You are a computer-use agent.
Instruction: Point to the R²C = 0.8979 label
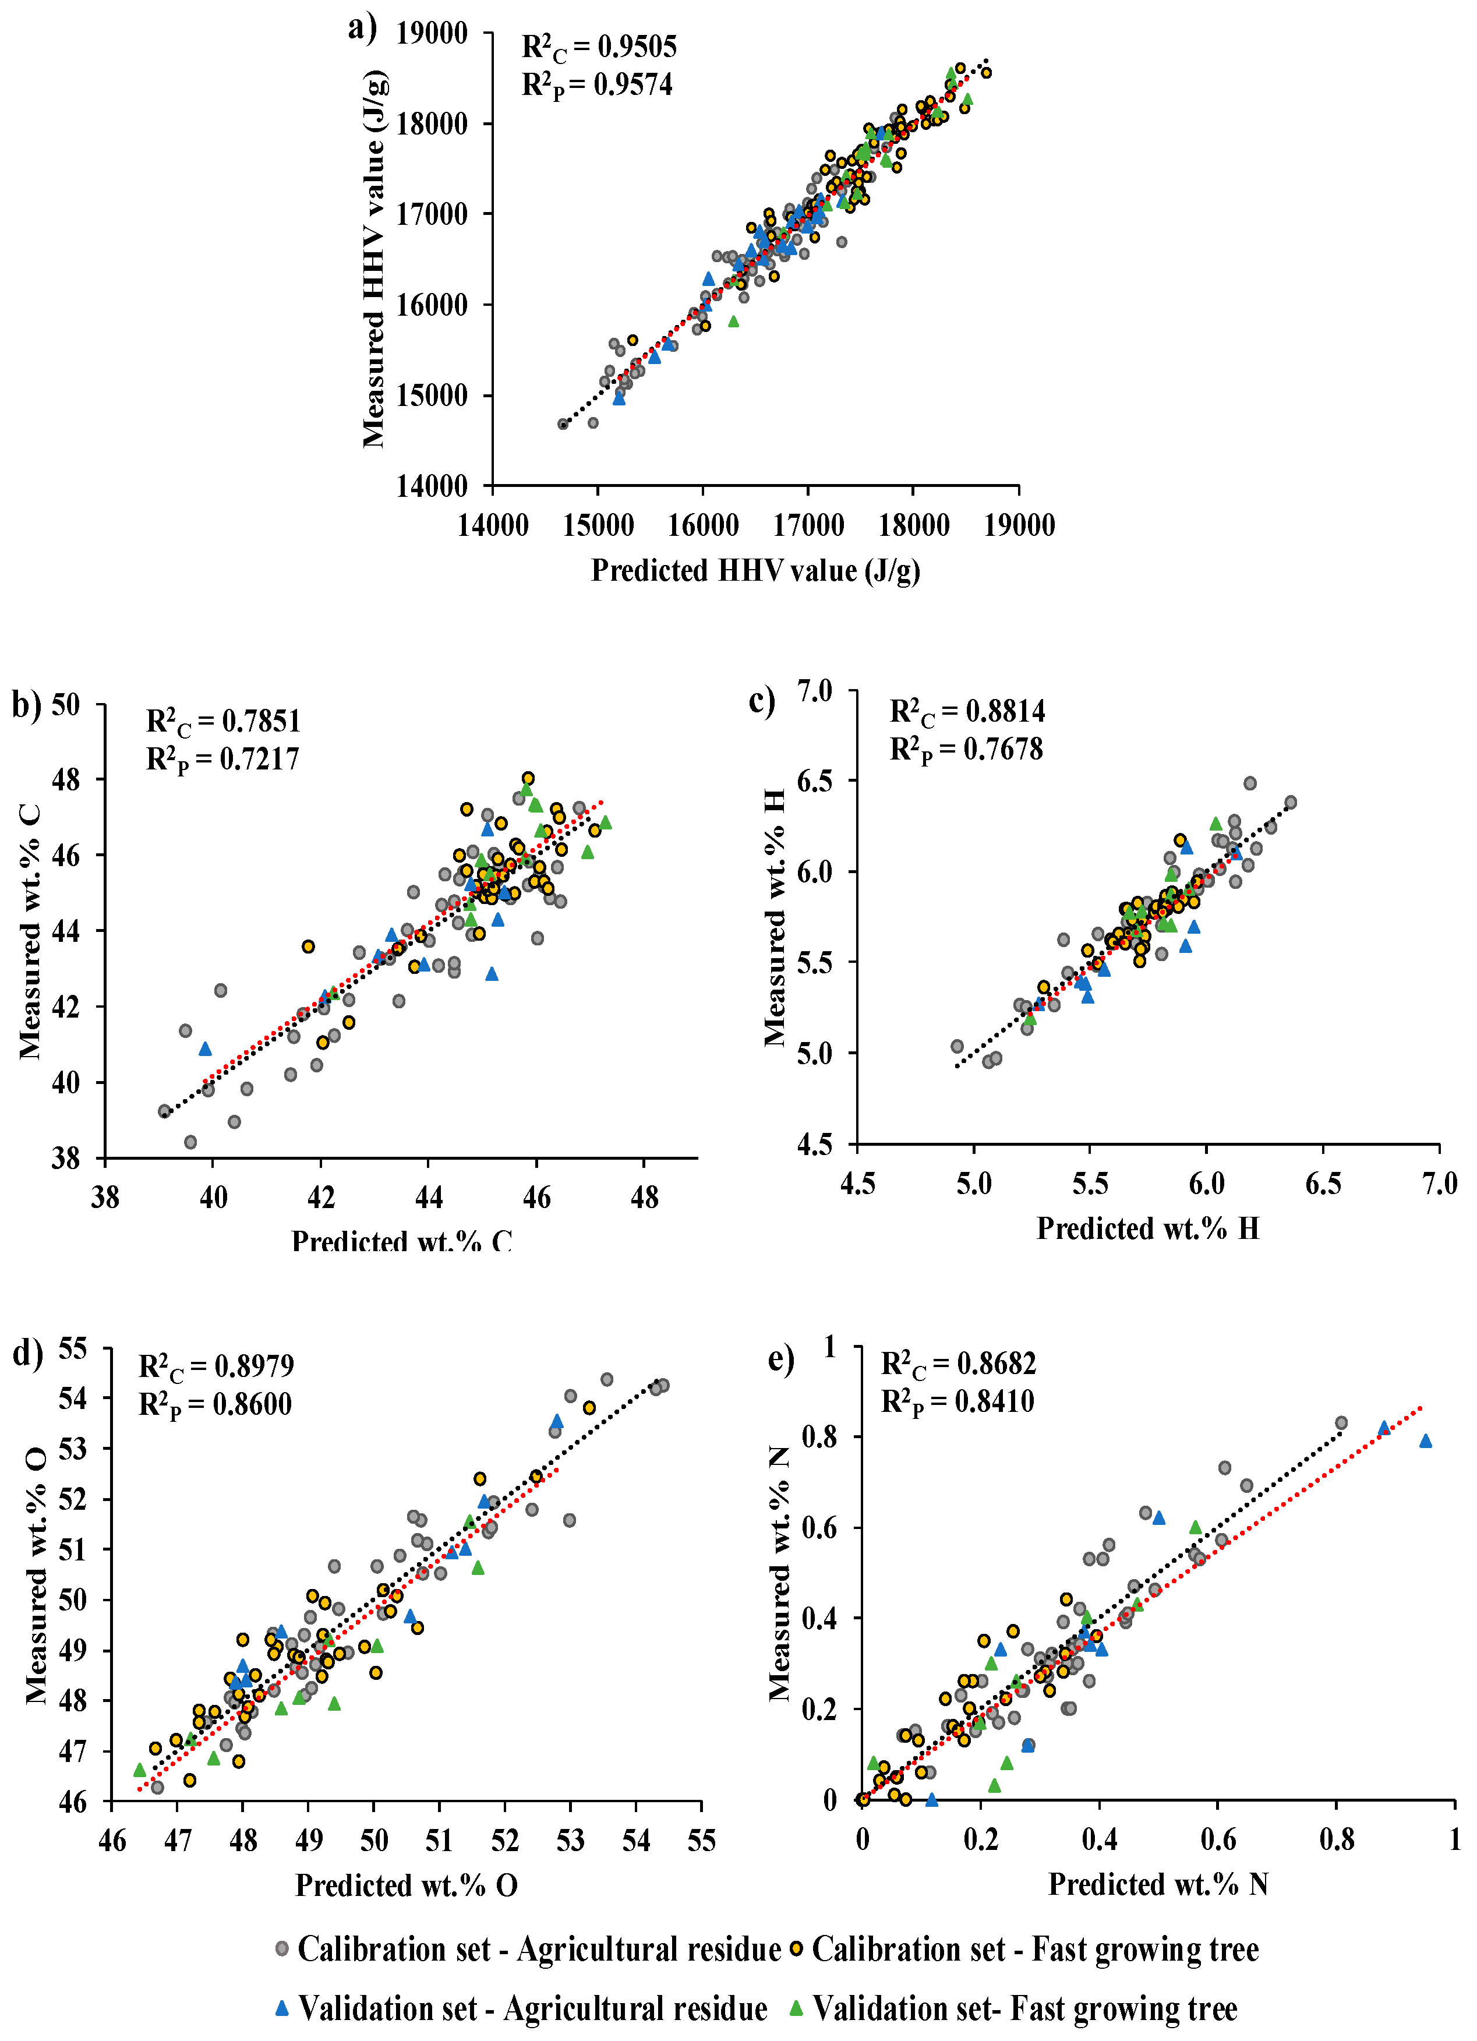click(216, 1366)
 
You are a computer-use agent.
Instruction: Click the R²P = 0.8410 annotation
click(957, 1401)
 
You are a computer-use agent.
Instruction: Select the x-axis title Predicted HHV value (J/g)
click(755, 571)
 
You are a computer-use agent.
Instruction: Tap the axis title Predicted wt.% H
click(1147, 1228)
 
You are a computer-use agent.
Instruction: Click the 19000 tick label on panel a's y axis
click(432, 34)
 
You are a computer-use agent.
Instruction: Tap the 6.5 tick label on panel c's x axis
click(1323, 1184)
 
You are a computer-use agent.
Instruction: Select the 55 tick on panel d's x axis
click(701, 1840)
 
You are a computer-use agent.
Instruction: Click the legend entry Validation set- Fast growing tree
click(1024, 2008)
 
